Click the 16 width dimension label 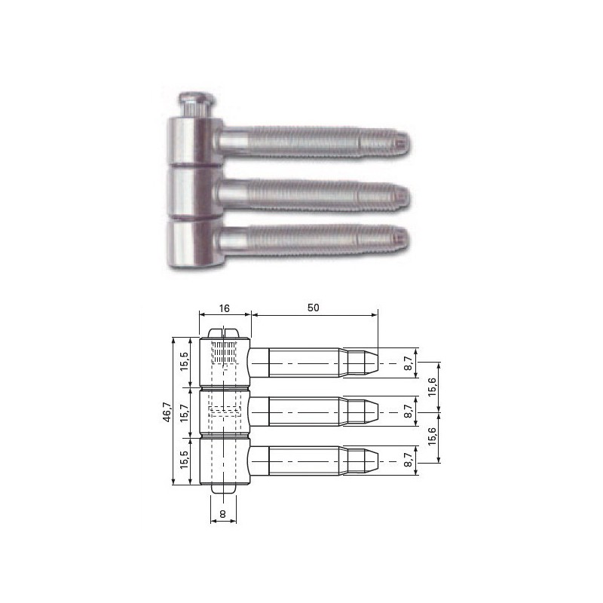[x=224, y=308]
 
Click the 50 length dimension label [x=314, y=308]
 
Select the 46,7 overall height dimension [x=167, y=412]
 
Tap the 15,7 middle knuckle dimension [x=185, y=412]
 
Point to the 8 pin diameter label [x=222, y=514]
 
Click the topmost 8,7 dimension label [x=409, y=363]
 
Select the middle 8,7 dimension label [x=409, y=412]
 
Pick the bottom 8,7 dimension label [x=409, y=461]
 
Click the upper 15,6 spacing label [x=432, y=387]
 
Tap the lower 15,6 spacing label [x=432, y=436]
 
